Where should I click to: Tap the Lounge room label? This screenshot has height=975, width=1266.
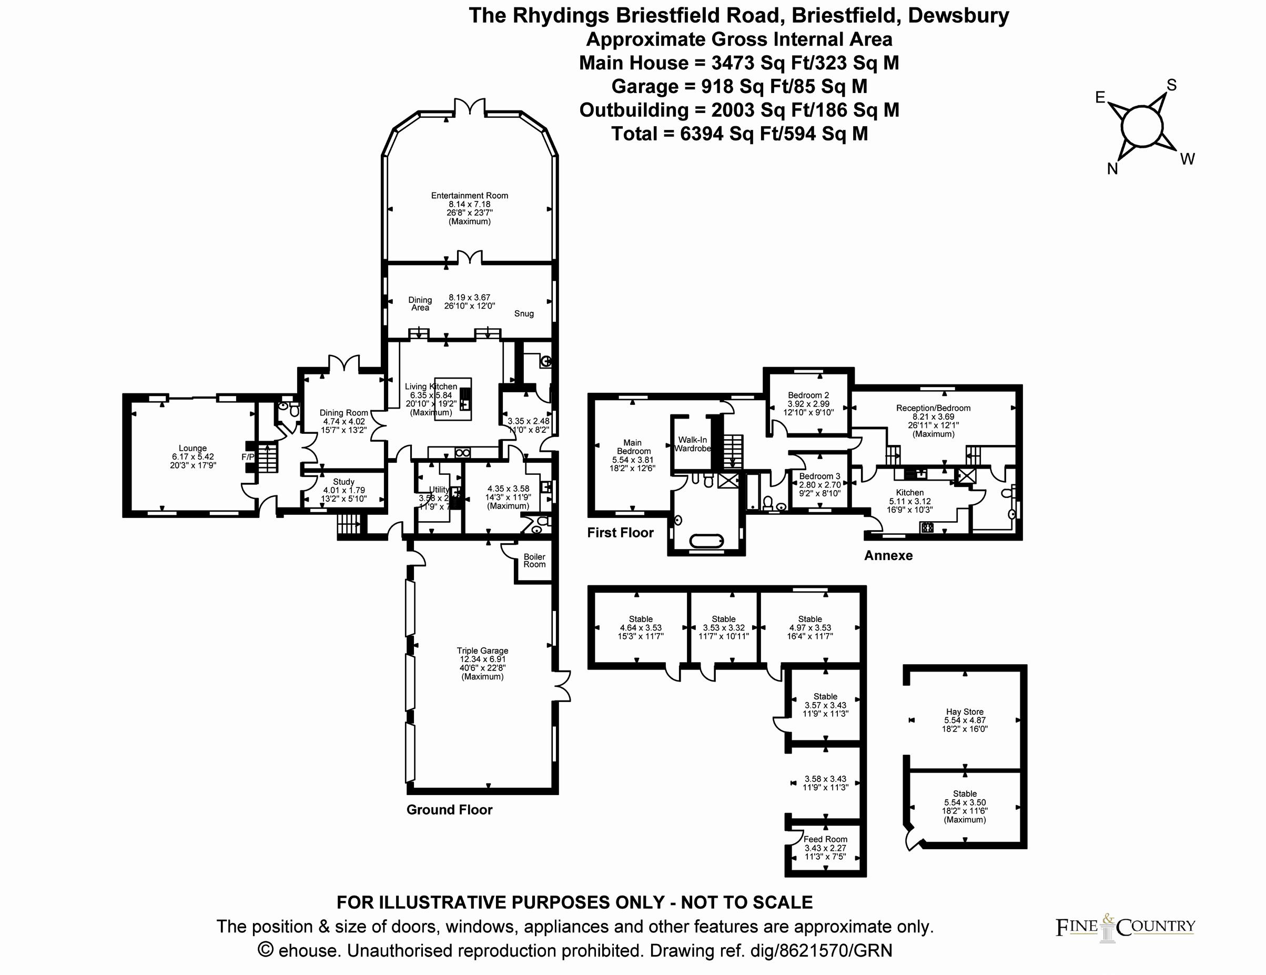[193, 448]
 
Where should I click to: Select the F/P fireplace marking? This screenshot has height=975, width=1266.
[248, 458]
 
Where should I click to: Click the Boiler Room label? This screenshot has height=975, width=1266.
[534, 561]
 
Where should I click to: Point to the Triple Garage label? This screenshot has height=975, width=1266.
[482, 651]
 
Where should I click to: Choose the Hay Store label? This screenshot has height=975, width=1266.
[965, 712]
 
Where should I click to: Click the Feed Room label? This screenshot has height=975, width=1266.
[825, 839]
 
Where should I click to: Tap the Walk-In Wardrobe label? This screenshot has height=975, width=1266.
[692, 444]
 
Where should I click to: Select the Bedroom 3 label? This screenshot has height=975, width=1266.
[819, 476]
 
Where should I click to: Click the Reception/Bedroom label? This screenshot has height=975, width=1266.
[933, 408]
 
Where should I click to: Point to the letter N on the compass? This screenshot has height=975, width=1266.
[1112, 169]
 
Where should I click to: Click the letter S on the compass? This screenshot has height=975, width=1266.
[1171, 86]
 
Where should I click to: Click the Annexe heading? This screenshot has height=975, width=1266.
[888, 556]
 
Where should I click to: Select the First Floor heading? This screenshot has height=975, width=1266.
[620, 533]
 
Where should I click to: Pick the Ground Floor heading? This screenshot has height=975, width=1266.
[449, 810]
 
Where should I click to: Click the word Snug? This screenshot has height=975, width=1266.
[523, 313]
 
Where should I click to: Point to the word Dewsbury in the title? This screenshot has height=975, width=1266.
[958, 16]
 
